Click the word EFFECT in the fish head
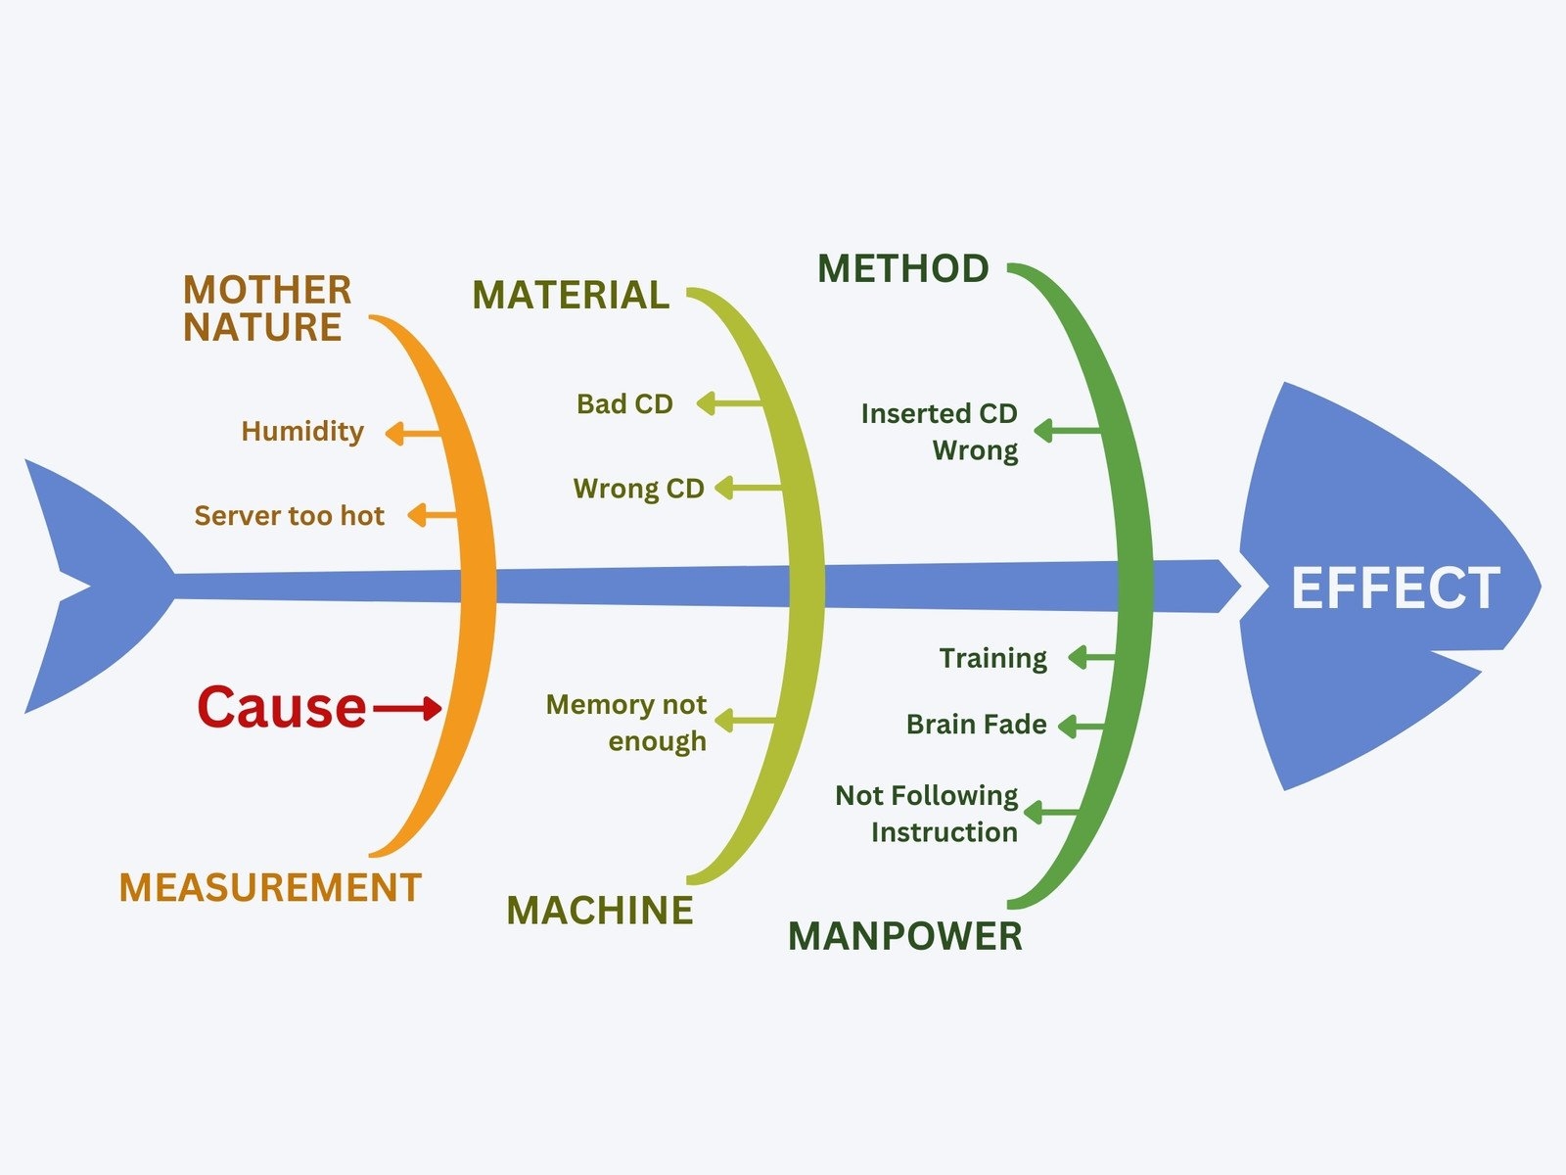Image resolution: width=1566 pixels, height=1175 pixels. coord(1395,588)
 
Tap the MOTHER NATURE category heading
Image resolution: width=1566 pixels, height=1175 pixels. coord(266,308)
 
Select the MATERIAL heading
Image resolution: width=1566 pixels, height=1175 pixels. coord(571,295)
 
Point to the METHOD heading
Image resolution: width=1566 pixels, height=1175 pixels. coord(902,268)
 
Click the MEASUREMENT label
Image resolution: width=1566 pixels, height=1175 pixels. coord(269,887)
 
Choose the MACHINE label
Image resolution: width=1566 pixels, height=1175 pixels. coord(599,911)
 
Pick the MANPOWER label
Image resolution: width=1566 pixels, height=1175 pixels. coord(905,936)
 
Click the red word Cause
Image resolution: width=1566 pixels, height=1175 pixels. coord(282,707)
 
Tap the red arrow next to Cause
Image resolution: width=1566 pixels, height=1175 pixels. coord(407,708)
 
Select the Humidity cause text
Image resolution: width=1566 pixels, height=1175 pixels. coord(302,431)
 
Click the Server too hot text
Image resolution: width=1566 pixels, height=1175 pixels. coord(289,515)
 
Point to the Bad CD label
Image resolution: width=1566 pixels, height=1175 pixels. coord(624,403)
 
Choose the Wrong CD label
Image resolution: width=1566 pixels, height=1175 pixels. coord(638,488)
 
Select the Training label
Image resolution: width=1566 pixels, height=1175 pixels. coord(992,658)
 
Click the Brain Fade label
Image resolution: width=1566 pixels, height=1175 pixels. coord(976,725)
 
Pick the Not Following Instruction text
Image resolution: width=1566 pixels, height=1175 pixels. coord(928,813)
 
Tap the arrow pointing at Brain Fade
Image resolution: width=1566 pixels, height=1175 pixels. coord(1081,727)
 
